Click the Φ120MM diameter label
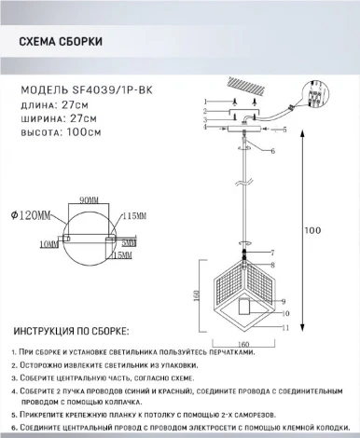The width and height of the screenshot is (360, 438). pos(31,215)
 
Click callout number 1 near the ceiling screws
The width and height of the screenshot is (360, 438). pos(203,101)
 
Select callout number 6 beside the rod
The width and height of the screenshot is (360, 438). pos(272,150)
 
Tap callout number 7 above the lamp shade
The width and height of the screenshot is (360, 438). pos(271,253)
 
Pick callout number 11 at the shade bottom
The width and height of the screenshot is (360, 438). pos(287,328)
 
